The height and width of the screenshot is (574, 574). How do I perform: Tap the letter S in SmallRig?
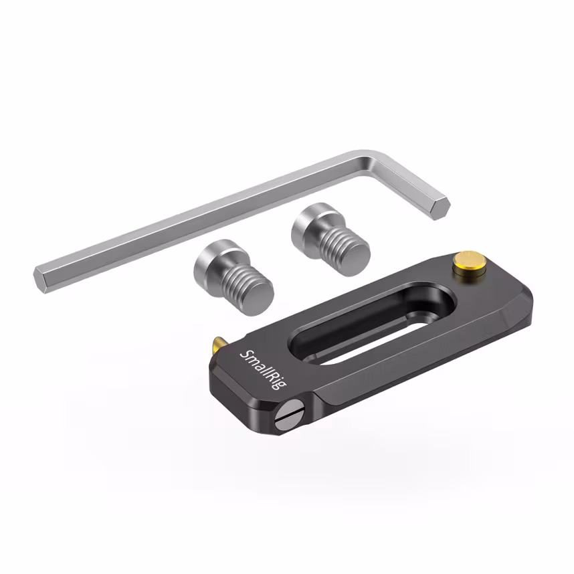click(x=246, y=355)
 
